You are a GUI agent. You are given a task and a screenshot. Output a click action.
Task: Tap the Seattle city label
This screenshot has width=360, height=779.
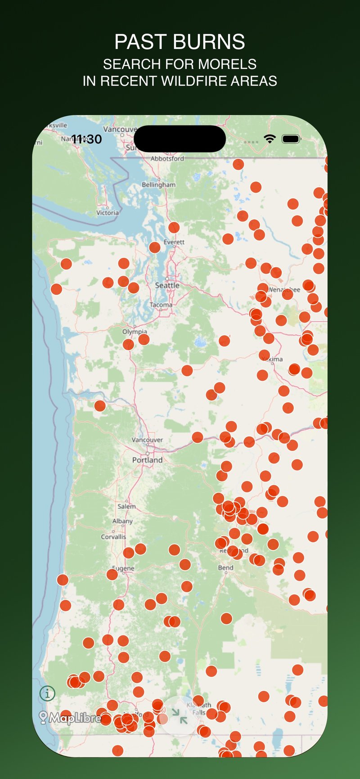coord(167,285)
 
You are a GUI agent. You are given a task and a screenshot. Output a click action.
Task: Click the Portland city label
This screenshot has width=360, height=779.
coord(147,460)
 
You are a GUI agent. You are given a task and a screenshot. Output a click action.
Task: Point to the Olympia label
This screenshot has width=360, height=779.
coord(135,332)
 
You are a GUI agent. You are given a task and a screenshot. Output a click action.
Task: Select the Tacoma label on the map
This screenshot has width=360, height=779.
coord(161,305)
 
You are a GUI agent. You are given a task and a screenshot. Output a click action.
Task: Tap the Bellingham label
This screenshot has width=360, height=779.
coord(158,185)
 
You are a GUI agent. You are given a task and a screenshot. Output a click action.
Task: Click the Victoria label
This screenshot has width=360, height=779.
coord(108,212)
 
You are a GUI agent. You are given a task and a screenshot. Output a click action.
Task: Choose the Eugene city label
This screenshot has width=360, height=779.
coord(123,568)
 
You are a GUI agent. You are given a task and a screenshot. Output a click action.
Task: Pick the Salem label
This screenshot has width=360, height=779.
coord(126,506)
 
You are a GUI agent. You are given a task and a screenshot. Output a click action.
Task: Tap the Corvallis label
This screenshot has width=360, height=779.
coord(113,537)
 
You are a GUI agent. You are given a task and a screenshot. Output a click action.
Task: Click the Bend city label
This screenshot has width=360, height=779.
coord(225,567)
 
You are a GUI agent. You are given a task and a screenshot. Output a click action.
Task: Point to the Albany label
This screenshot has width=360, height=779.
coord(122,521)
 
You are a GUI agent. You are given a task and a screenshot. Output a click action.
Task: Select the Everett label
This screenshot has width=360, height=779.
coord(174,242)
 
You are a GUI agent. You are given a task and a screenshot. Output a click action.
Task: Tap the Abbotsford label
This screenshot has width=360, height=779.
coord(167,158)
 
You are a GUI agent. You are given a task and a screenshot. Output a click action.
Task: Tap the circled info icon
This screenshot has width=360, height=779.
coord(47,693)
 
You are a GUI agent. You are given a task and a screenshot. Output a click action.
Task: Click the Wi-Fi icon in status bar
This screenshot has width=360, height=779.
coord(270,139)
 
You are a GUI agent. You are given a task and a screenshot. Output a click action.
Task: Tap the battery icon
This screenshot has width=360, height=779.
coord(291,139)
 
